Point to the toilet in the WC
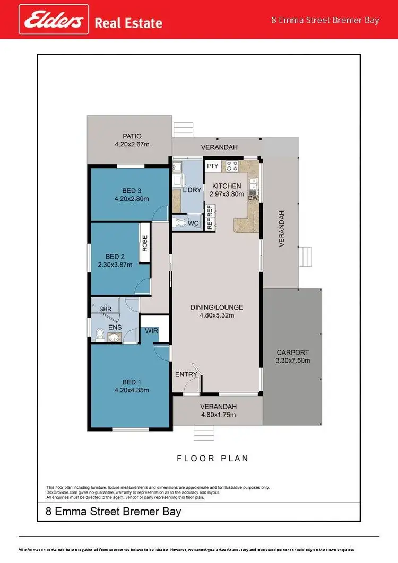[181, 224]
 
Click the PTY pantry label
[213, 166]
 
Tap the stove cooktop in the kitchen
[232, 166]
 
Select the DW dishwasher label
[253, 198]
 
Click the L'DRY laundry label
[191, 190]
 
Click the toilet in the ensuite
[100, 335]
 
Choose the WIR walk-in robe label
[152, 331]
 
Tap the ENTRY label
[186, 374]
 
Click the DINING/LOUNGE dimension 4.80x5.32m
[217, 315]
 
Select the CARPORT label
[292, 352]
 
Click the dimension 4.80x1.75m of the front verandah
[218, 415]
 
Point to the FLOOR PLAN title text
[212, 458]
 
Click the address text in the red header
[325, 20]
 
